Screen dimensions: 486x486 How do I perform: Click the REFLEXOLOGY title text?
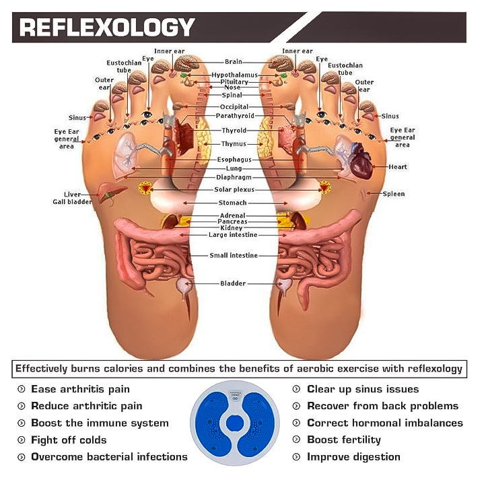[x=107, y=28]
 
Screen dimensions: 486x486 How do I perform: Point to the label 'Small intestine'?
[x=233, y=256]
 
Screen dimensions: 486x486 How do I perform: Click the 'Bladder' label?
[x=233, y=283]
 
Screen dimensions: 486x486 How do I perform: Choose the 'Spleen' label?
[x=394, y=194]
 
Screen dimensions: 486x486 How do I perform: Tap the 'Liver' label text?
[x=73, y=194]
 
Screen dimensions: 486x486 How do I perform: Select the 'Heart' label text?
[x=398, y=166]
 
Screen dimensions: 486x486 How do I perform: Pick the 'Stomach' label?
[x=233, y=203]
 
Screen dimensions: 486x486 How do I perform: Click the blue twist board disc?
[x=234, y=423]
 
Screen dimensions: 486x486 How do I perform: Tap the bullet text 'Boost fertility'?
[x=343, y=440]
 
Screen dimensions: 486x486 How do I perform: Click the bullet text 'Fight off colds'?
[x=69, y=440]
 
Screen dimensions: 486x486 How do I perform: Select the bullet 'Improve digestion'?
[x=353, y=456]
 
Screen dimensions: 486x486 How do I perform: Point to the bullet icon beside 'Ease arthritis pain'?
[x=21, y=389]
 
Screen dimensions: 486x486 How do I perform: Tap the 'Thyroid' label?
[x=234, y=131]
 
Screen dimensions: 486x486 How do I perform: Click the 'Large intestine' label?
[x=233, y=235]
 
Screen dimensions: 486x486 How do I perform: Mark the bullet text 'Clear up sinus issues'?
[x=362, y=389]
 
